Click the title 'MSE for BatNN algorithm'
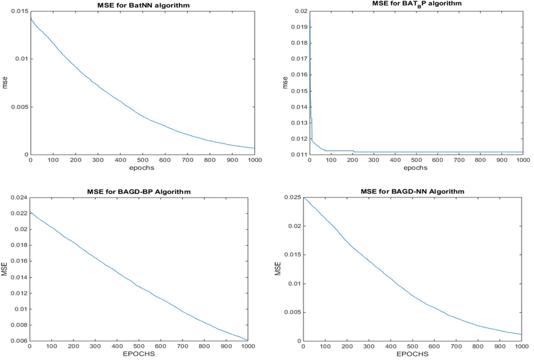point(143,5)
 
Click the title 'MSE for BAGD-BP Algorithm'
point(139,192)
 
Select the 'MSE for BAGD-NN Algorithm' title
point(412,191)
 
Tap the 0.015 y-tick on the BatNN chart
point(20,11)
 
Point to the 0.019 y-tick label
point(299,27)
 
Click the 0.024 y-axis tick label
point(19,198)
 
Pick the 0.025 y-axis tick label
point(293,197)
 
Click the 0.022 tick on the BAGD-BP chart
point(19,213)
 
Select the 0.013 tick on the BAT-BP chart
point(299,123)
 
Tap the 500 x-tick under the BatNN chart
point(142,160)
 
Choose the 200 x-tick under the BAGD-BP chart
point(73,346)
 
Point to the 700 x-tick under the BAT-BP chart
point(459,160)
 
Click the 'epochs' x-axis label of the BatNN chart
point(142,168)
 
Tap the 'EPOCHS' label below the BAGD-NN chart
point(412,354)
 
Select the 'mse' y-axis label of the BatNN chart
point(5,83)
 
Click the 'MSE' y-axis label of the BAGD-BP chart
point(4,269)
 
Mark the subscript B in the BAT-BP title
point(419,7)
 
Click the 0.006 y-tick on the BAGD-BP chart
point(19,341)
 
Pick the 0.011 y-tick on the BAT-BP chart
point(299,155)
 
